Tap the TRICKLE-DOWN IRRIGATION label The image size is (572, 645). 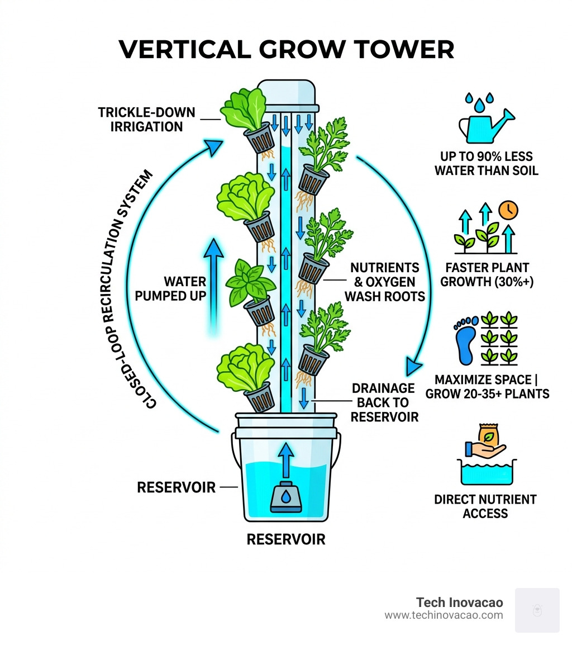147,120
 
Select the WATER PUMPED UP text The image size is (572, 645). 170,288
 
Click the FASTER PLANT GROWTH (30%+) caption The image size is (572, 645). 487,274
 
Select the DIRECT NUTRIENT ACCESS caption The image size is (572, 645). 485,506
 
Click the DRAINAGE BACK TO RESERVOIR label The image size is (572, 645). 384,402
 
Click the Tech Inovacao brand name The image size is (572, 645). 459,603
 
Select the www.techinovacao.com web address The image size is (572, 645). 444,615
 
